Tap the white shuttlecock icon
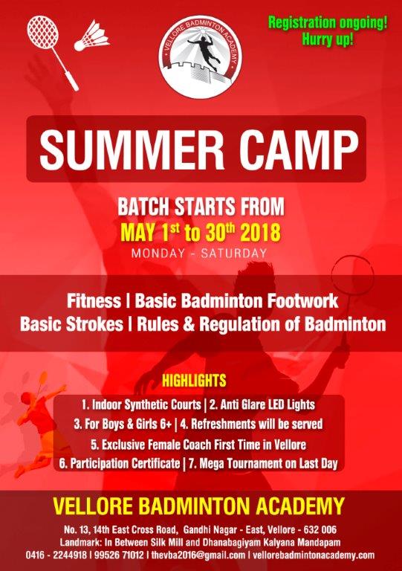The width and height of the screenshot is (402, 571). pos(92,36)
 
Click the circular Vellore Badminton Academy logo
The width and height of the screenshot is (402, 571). pos(201,57)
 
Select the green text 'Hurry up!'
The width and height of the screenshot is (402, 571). pos(328,39)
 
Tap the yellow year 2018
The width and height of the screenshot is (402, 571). pos(261,233)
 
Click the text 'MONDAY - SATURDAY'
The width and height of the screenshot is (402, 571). pos(199,253)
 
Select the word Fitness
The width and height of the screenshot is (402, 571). pos(94,301)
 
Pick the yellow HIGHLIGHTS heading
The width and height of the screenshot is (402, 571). pos(194,381)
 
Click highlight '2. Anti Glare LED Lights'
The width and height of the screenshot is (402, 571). pos(262,404)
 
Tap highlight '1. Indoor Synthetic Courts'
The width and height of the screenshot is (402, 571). pos(141,404)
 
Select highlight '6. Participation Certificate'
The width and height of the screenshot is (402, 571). pos(120,464)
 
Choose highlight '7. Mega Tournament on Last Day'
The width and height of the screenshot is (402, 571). pos(263,464)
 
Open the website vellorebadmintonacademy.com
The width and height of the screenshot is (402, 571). pos(314,555)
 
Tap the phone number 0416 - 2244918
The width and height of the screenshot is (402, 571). pos(56,555)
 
